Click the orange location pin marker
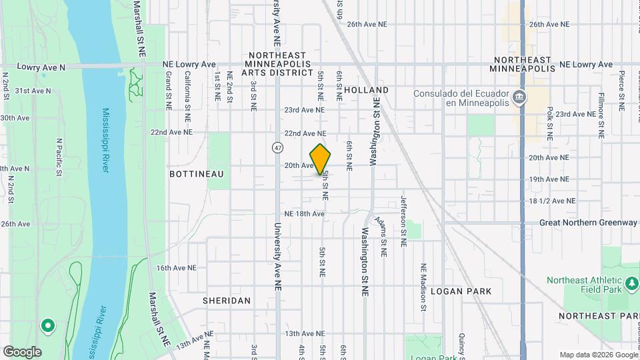click(x=321, y=159)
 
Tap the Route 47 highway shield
click(x=276, y=147)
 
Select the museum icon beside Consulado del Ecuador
click(x=518, y=98)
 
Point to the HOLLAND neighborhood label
click(x=367, y=89)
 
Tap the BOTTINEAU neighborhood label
click(x=196, y=173)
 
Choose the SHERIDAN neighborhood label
click(x=227, y=301)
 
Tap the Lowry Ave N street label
click(x=41, y=67)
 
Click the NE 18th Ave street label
click(x=304, y=213)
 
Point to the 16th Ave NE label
click(x=177, y=267)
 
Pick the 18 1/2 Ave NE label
click(x=552, y=201)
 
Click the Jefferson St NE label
click(x=403, y=221)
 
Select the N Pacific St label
click(x=59, y=157)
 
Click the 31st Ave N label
click(x=32, y=90)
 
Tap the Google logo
click(x=22, y=351)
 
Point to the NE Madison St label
click(x=423, y=287)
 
